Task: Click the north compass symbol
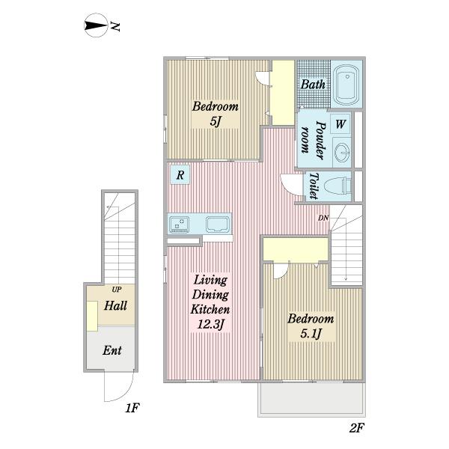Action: coord(97,25)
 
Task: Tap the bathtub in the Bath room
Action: coord(346,85)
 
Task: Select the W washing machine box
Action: coord(340,123)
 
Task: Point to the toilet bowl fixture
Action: coord(338,186)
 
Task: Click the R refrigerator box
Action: coord(180,174)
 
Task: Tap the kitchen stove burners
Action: coord(179,224)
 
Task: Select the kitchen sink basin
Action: coord(218,224)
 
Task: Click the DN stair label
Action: coord(323,218)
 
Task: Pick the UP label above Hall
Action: coord(116,290)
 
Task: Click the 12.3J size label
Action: coord(210,325)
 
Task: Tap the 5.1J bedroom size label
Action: coord(311,334)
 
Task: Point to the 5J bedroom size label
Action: coord(216,122)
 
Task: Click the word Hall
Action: coord(115,305)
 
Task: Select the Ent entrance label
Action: coord(112,350)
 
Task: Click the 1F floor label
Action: coord(132,408)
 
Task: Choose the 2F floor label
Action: coord(356,428)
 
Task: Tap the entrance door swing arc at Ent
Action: coord(125,395)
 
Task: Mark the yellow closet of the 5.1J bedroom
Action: coord(296,249)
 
